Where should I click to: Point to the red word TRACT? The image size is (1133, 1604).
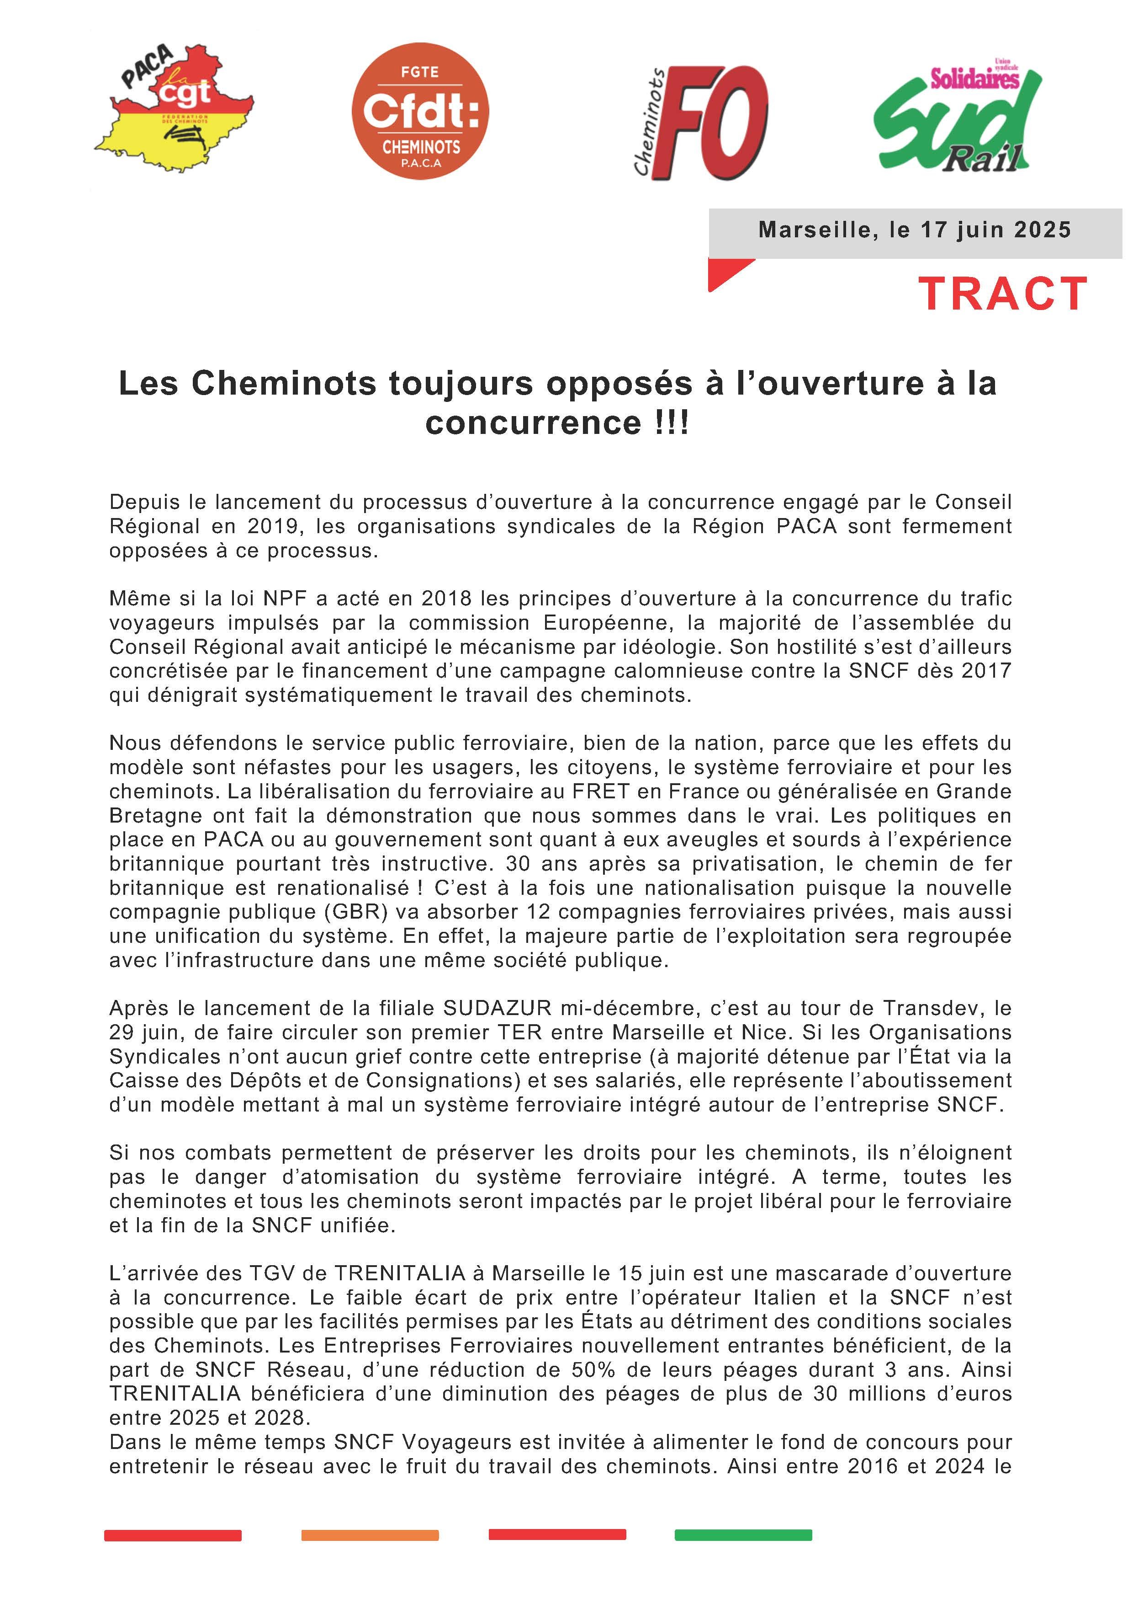(x=1002, y=294)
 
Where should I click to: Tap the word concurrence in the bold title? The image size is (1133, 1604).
(x=533, y=422)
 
